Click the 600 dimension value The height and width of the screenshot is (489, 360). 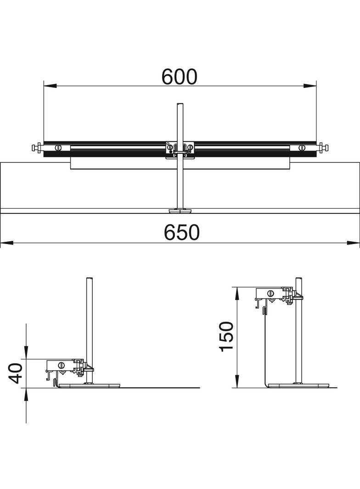pos(179,77)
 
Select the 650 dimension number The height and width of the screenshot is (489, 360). pos(182,233)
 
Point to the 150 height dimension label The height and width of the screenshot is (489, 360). pos(226,336)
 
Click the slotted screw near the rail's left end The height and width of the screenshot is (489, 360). pos(58,148)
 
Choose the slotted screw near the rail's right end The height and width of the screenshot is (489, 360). pos(302,148)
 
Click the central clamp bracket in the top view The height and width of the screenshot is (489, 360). pos(180,149)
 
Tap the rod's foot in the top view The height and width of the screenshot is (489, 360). pos(180,211)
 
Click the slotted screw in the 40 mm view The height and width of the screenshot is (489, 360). pos(61,365)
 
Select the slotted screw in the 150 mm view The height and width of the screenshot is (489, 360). pos(270,293)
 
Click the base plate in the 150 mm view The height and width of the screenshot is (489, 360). pos(299,385)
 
